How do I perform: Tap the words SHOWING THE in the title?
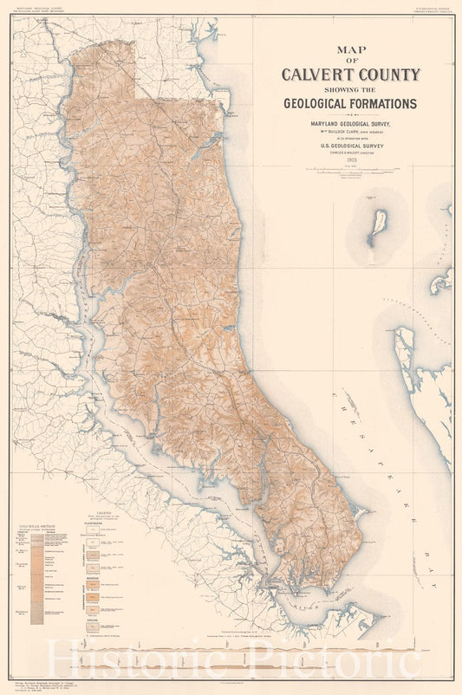tap(351, 89)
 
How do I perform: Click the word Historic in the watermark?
tap(130, 660)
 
